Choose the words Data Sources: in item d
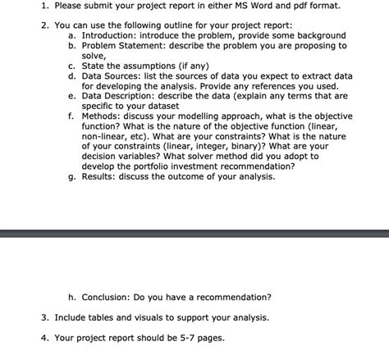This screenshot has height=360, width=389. point(115,75)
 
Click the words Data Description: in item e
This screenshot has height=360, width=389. point(123,95)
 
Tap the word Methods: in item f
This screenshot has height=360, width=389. point(104,116)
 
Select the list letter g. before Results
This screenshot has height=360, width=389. point(72,175)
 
